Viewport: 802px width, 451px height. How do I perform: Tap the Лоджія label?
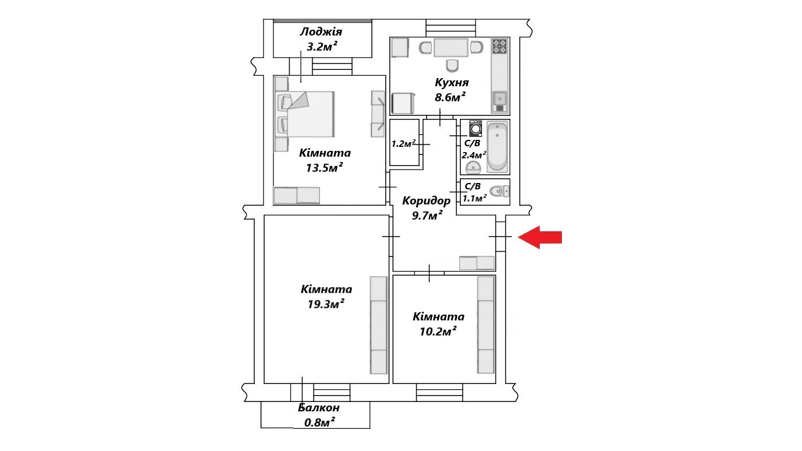(321, 32)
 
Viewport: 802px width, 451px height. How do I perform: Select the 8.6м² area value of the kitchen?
(451, 97)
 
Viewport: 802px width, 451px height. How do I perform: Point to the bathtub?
(497, 147)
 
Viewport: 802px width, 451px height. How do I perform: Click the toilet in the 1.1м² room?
(498, 192)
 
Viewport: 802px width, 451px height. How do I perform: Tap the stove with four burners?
(500, 46)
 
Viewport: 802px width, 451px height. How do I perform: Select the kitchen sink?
(500, 100)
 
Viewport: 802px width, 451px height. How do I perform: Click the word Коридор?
(427, 201)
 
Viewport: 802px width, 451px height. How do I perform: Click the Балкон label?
(319, 408)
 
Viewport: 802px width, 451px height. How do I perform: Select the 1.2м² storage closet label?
(403, 143)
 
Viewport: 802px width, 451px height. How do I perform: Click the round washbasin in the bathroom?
(473, 168)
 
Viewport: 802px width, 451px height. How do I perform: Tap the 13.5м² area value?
(325, 168)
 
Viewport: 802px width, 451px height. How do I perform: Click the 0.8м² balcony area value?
(319, 422)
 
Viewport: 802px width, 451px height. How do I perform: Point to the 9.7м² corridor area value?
(426, 215)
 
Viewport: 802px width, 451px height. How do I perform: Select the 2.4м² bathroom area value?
(474, 155)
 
